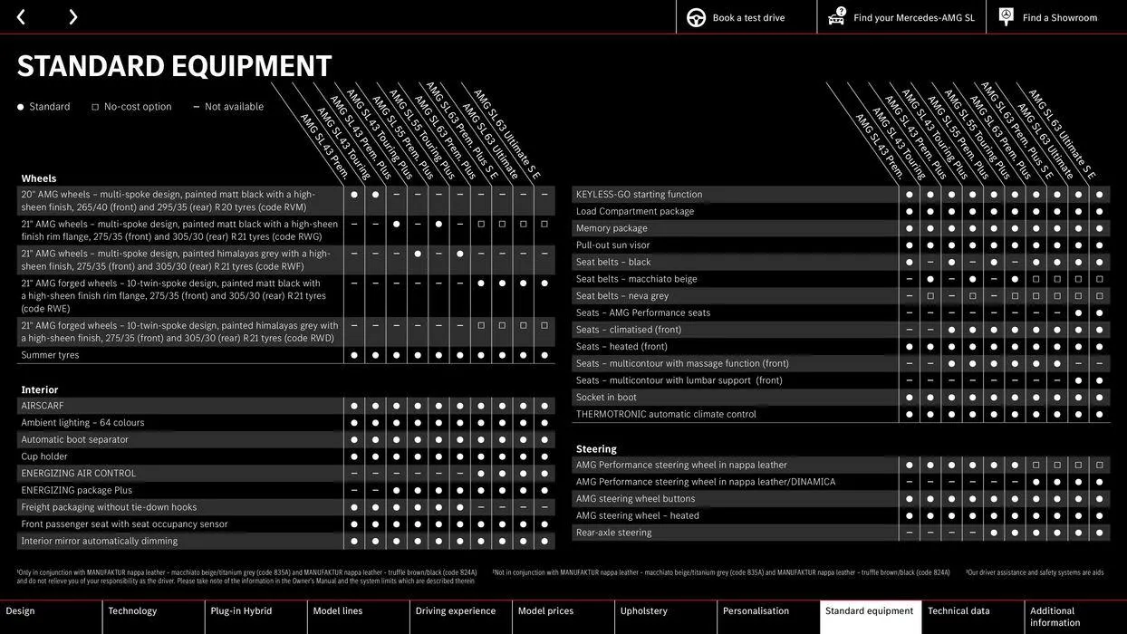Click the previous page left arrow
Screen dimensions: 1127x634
[21, 17]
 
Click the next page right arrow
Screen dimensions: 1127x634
[72, 17]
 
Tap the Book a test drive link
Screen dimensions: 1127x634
[747, 17]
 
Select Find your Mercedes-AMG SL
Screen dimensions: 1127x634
[913, 17]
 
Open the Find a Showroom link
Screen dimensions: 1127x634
[1059, 17]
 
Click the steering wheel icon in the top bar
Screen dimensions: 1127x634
[696, 17]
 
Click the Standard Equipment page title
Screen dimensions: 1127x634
[175, 66]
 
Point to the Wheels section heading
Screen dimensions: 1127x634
[39, 178]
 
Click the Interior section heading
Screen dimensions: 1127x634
[40, 389]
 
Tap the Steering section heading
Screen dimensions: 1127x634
[596, 448]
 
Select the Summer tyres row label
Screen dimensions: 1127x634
[51, 355]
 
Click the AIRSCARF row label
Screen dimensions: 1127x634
[43, 406]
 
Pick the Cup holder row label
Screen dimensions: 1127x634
[44, 456]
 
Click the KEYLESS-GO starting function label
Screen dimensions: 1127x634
[639, 194]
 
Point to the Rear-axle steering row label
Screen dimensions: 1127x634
[613, 533]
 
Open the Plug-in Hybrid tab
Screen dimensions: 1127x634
[241, 611]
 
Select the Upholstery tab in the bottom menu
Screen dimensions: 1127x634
[643, 611]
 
